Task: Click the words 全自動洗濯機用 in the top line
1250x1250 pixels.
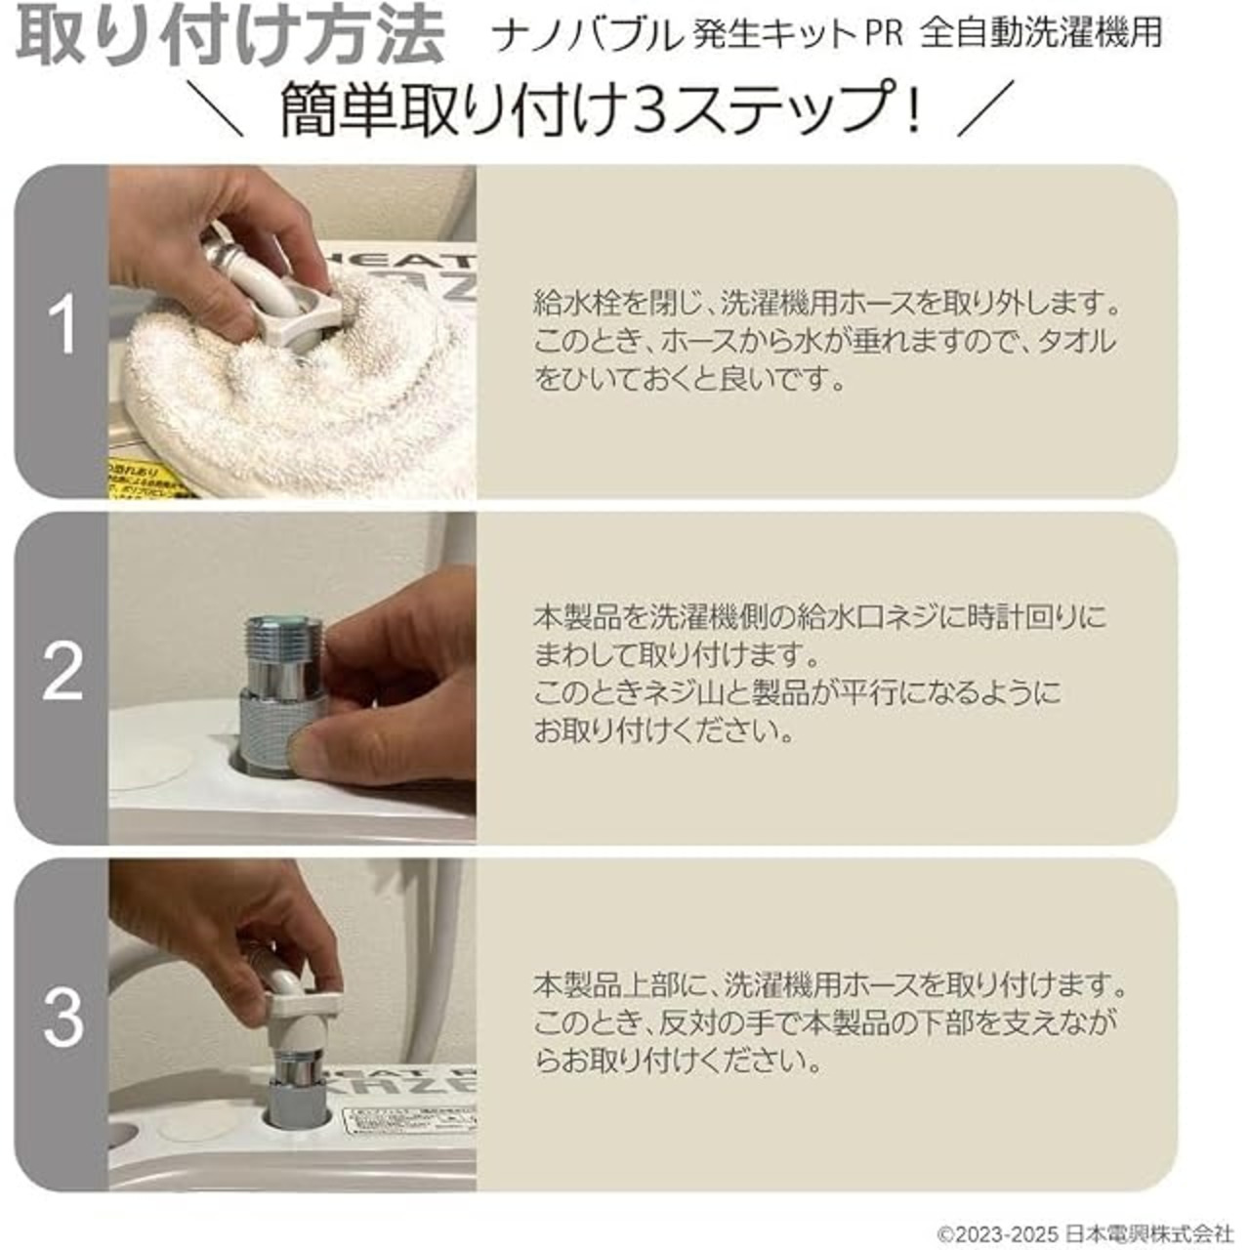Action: click(1042, 34)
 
